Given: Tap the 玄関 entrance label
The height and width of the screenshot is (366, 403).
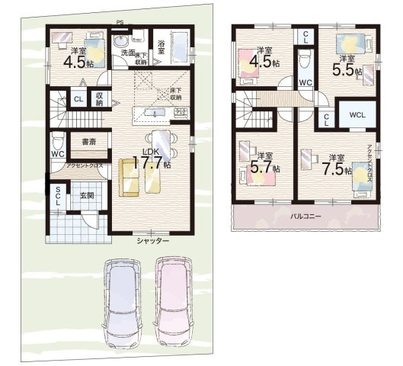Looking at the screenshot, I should tap(86, 196).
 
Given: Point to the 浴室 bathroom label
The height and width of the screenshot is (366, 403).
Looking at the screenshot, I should tap(162, 45).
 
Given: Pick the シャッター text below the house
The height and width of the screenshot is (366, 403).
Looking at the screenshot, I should tap(152, 241).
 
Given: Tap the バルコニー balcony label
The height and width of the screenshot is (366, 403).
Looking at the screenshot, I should tap(305, 217).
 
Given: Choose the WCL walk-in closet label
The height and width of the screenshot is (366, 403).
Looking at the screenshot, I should tap(357, 114).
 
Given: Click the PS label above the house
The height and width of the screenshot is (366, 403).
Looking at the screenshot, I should tap(119, 22).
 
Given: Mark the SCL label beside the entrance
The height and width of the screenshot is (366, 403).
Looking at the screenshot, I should tap(57, 196).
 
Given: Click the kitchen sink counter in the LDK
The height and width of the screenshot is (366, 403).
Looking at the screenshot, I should tap(155, 114).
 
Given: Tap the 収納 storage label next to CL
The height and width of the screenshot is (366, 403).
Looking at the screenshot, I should tap(99, 98).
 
